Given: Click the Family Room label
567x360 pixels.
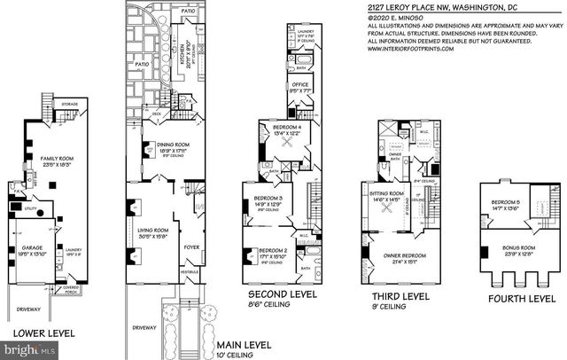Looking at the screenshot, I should (x=57, y=159).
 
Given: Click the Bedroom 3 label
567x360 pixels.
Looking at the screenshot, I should (x=268, y=198).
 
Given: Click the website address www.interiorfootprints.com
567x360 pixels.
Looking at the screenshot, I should (x=409, y=49).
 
